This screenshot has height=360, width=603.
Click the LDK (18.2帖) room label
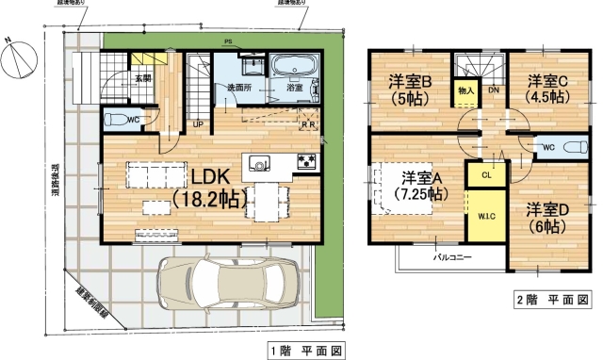point(209,188)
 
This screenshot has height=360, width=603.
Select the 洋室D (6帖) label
point(545,216)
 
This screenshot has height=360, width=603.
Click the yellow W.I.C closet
point(486,218)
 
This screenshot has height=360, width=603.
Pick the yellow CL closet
point(486,174)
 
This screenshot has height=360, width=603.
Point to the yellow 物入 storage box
point(465,90)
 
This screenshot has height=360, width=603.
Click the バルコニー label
point(452,256)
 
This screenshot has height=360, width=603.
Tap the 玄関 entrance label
point(142,79)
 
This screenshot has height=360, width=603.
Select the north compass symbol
point(19,58)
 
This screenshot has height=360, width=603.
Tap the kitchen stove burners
point(307,161)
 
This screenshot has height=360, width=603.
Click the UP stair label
point(198,123)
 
